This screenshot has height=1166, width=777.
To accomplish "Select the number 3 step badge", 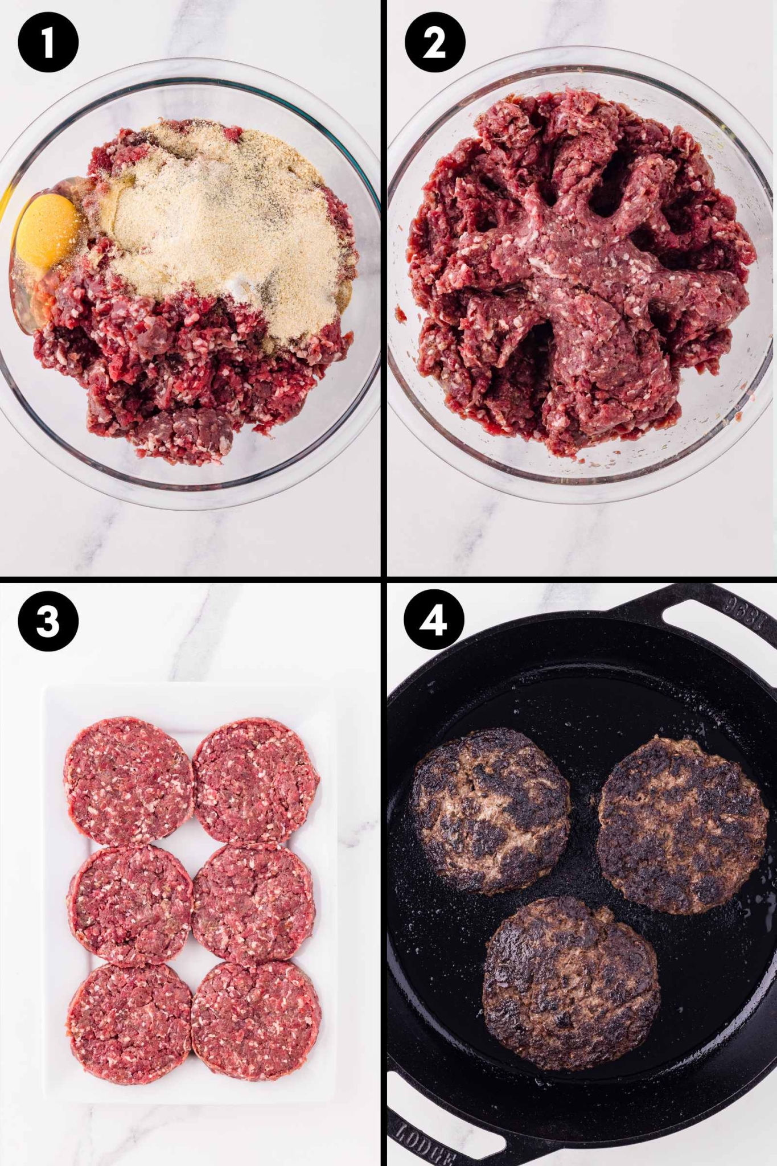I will coord(48,621).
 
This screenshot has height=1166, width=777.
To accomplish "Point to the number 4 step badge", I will coord(433,620).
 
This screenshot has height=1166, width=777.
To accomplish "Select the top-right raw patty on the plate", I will coord(256,779).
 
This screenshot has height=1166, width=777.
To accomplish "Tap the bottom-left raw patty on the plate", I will coord(129,1024).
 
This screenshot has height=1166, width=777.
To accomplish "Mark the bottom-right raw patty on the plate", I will coord(256,1022).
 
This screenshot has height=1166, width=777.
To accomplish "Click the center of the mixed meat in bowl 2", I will coord(575,273).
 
